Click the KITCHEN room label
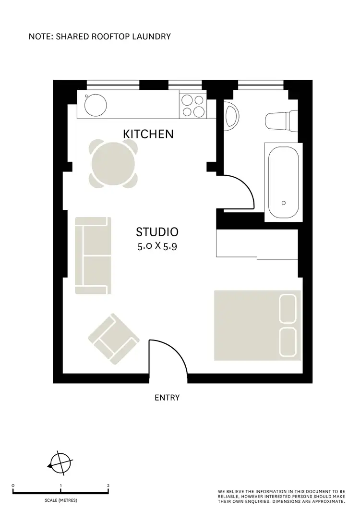(x=148, y=134)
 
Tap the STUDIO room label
(x=157, y=232)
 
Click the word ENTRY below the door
(x=167, y=398)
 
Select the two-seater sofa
(x=93, y=255)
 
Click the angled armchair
(x=114, y=339)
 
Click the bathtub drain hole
(x=283, y=203)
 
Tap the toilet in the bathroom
(x=281, y=120)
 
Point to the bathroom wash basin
(x=231, y=117)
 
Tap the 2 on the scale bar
(x=108, y=486)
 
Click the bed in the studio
(x=257, y=325)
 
